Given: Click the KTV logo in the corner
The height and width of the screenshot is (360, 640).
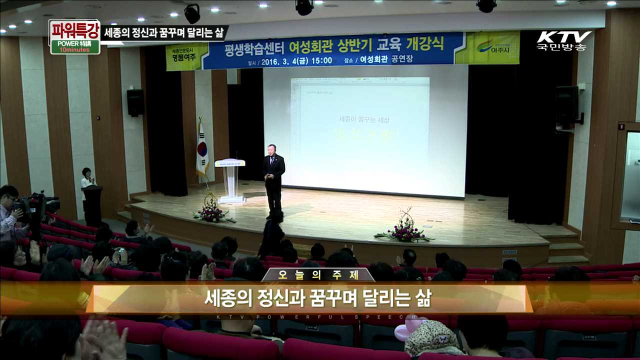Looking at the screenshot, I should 564,40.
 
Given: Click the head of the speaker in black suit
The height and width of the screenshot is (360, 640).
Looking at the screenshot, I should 271,149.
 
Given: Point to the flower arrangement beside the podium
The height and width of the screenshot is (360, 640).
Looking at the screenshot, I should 212,210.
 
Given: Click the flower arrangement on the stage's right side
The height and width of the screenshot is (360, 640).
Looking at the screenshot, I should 405,229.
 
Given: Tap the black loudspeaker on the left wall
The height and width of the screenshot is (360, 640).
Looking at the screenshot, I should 135,102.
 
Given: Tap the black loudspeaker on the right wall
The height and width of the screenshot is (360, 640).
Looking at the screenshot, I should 567,104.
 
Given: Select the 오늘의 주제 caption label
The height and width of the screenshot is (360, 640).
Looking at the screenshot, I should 318,275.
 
